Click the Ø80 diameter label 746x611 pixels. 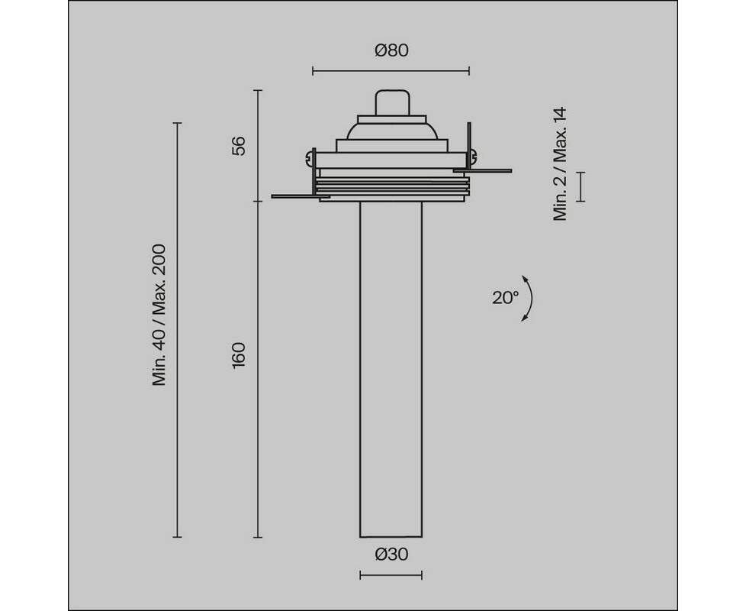pos(391,50)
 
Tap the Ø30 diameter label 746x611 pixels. pos(391,554)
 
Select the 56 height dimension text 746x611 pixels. pos(238,145)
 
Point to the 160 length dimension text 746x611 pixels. pos(238,355)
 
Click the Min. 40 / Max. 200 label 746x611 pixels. pos(159,315)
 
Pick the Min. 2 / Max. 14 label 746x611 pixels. pos(560,163)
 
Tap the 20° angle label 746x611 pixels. pos(505,298)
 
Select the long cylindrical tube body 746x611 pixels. pos(391,369)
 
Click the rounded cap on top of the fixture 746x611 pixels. pos(393,102)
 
